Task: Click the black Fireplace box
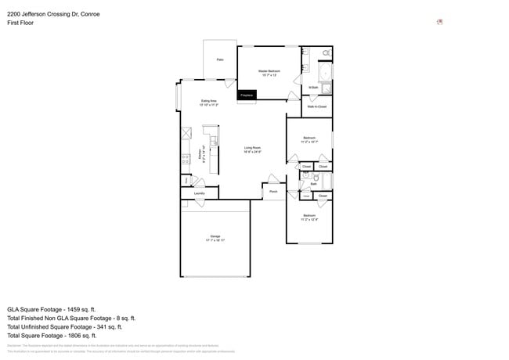247,95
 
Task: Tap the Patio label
220,59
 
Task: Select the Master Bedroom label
269,71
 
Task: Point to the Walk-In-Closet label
317,106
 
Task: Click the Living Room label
252,148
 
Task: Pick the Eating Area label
208,101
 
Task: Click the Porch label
273,191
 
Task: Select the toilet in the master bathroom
327,52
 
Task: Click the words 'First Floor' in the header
21,23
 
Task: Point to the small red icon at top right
440,22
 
